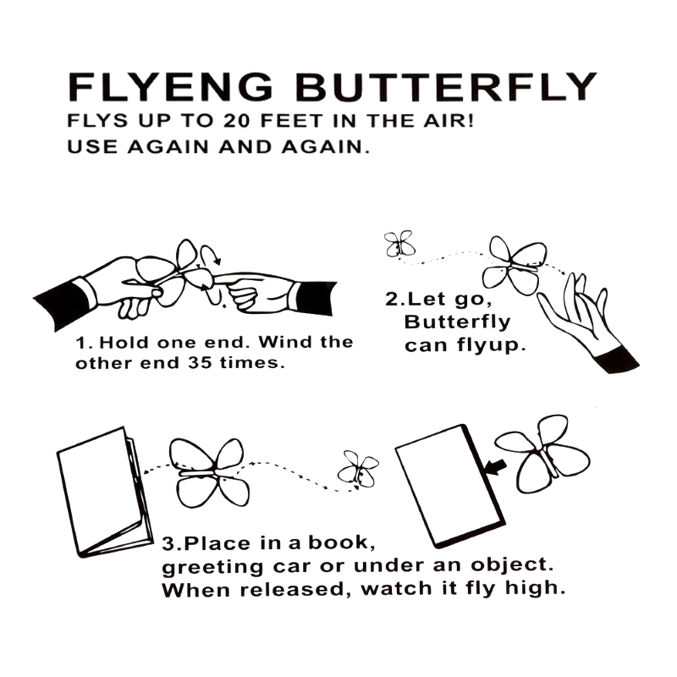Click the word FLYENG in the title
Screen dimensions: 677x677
170,87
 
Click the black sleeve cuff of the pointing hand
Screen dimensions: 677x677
316,298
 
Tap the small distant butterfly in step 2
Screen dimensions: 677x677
400,244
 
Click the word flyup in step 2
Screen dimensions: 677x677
491,345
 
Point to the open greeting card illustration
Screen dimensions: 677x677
105,492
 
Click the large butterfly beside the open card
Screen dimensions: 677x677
210,473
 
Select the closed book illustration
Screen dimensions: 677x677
451,486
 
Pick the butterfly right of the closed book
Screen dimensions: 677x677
543,455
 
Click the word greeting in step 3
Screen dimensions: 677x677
213,567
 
